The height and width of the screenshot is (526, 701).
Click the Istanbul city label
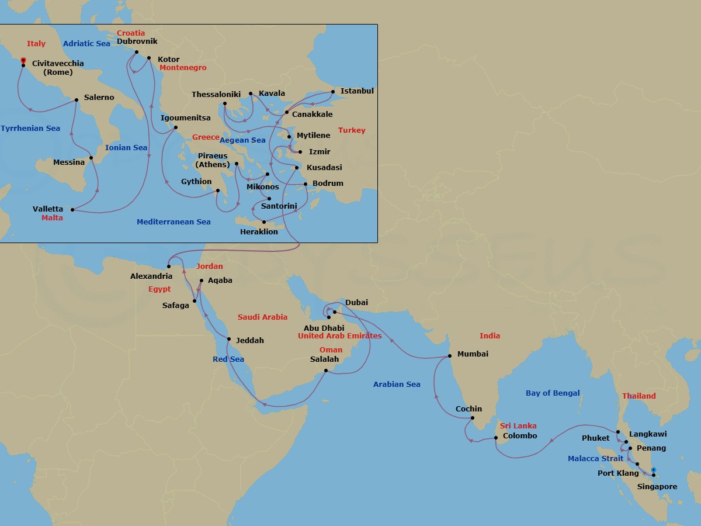pyautogui.click(x=357, y=91)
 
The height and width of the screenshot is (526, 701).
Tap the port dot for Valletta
pyautogui.click(x=72, y=209)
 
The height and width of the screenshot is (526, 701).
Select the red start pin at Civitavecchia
pyautogui.click(x=23, y=60)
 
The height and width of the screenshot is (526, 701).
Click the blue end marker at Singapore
pyautogui.click(x=654, y=470)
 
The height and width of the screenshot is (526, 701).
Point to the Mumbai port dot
pyautogui.click(x=449, y=355)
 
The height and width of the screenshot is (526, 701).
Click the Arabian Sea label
pyautogui.click(x=397, y=384)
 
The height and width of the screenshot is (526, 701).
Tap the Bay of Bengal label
pyautogui.click(x=553, y=393)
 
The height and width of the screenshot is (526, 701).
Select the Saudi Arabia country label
pyautogui.click(x=262, y=317)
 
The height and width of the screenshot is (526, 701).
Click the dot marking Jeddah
pyautogui.click(x=229, y=340)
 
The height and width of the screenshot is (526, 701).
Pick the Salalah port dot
pyautogui.click(x=325, y=370)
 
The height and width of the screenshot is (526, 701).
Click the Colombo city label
pyautogui.click(x=519, y=435)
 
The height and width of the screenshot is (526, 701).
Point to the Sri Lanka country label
pyautogui.click(x=518, y=425)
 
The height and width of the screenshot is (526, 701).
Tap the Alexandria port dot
pyautogui.click(x=169, y=267)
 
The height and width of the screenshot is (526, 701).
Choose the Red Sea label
pyautogui.click(x=228, y=359)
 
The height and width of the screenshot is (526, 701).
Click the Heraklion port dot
pyautogui.click(x=264, y=222)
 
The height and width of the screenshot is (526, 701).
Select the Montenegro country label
pyautogui.click(x=183, y=68)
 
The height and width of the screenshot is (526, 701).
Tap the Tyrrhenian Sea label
pyautogui.click(x=30, y=129)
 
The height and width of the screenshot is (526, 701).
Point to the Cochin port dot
pyautogui.click(x=472, y=418)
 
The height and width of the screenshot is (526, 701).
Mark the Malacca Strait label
pyautogui.click(x=595, y=459)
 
